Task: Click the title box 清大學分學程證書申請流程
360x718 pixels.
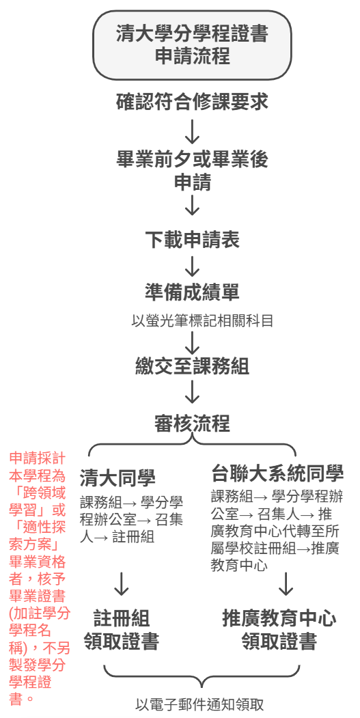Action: (x=192, y=45)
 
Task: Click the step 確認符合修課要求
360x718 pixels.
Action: (x=192, y=102)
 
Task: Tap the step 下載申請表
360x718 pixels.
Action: (x=192, y=240)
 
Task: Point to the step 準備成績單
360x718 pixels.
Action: (x=192, y=292)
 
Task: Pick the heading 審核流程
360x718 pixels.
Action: (x=192, y=424)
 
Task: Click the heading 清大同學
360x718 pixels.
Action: (x=117, y=478)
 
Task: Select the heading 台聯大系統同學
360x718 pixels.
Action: (x=277, y=473)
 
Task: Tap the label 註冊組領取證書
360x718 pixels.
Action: (x=122, y=630)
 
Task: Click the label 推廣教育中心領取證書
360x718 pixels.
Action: (x=279, y=630)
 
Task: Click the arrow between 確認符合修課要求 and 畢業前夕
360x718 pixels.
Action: (x=193, y=131)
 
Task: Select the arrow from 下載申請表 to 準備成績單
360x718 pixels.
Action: (x=193, y=266)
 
